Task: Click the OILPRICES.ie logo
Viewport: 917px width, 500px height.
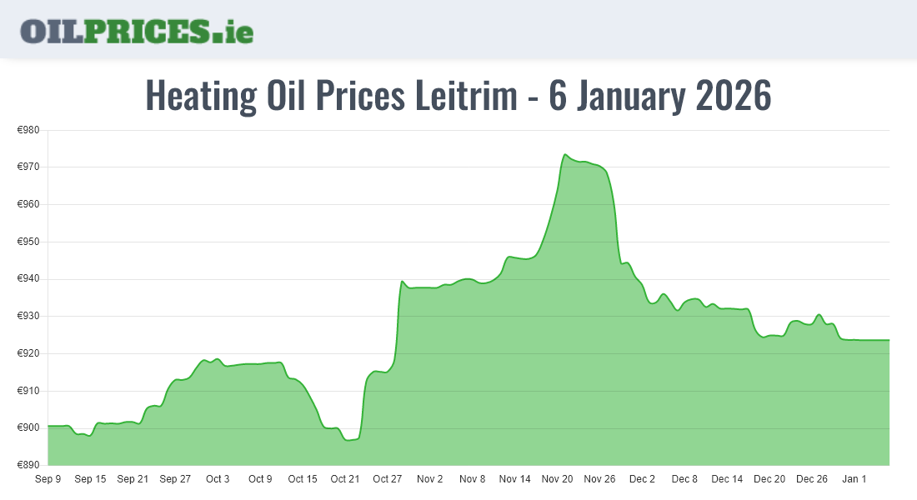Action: pos(137,31)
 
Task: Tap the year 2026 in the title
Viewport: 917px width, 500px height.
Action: pos(733,96)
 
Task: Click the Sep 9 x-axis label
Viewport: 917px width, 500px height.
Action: pos(48,479)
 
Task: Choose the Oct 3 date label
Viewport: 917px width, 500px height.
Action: pos(218,479)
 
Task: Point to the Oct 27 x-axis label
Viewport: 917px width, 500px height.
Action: pos(388,479)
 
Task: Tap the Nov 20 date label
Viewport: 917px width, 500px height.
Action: pos(557,479)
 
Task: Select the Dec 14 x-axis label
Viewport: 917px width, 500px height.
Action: pos(727,479)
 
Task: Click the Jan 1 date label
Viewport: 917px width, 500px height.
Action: pos(854,479)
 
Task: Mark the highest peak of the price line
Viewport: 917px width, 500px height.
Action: pos(565,154)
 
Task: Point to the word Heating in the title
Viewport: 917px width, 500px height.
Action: pos(201,96)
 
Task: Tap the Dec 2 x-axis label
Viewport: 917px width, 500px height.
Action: pos(642,479)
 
